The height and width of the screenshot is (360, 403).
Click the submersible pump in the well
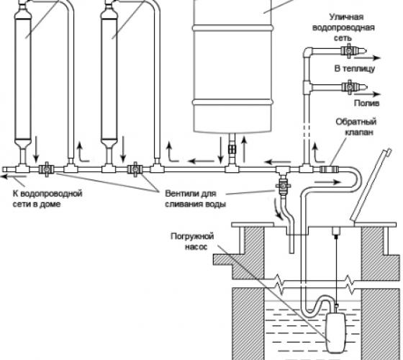click(x=335, y=333)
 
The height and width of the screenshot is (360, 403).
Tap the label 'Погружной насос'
click(x=193, y=241)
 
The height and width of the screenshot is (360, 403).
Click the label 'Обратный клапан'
click(x=356, y=127)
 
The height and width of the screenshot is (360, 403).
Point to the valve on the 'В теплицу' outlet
click(x=348, y=50)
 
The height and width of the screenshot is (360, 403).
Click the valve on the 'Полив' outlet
click(x=349, y=87)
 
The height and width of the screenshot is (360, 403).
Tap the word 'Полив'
click(x=367, y=103)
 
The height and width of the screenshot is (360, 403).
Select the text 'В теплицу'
click(x=355, y=68)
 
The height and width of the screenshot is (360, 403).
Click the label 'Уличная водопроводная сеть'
click(x=343, y=27)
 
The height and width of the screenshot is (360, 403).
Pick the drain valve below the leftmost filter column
click(x=46, y=169)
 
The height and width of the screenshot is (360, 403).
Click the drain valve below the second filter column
click(x=135, y=169)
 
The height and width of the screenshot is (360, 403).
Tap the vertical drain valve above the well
click(x=283, y=186)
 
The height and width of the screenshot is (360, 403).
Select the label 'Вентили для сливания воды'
click(x=195, y=199)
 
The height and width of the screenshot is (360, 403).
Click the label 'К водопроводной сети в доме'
click(x=47, y=199)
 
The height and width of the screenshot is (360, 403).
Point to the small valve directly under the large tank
click(x=232, y=149)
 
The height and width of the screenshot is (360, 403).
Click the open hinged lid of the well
click(x=371, y=184)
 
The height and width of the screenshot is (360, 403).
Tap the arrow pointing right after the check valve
click(x=327, y=182)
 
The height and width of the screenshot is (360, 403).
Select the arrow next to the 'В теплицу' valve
click(x=367, y=58)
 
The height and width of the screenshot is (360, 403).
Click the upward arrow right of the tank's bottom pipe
click(x=244, y=149)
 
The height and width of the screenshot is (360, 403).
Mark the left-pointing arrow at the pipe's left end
click(x=14, y=176)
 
